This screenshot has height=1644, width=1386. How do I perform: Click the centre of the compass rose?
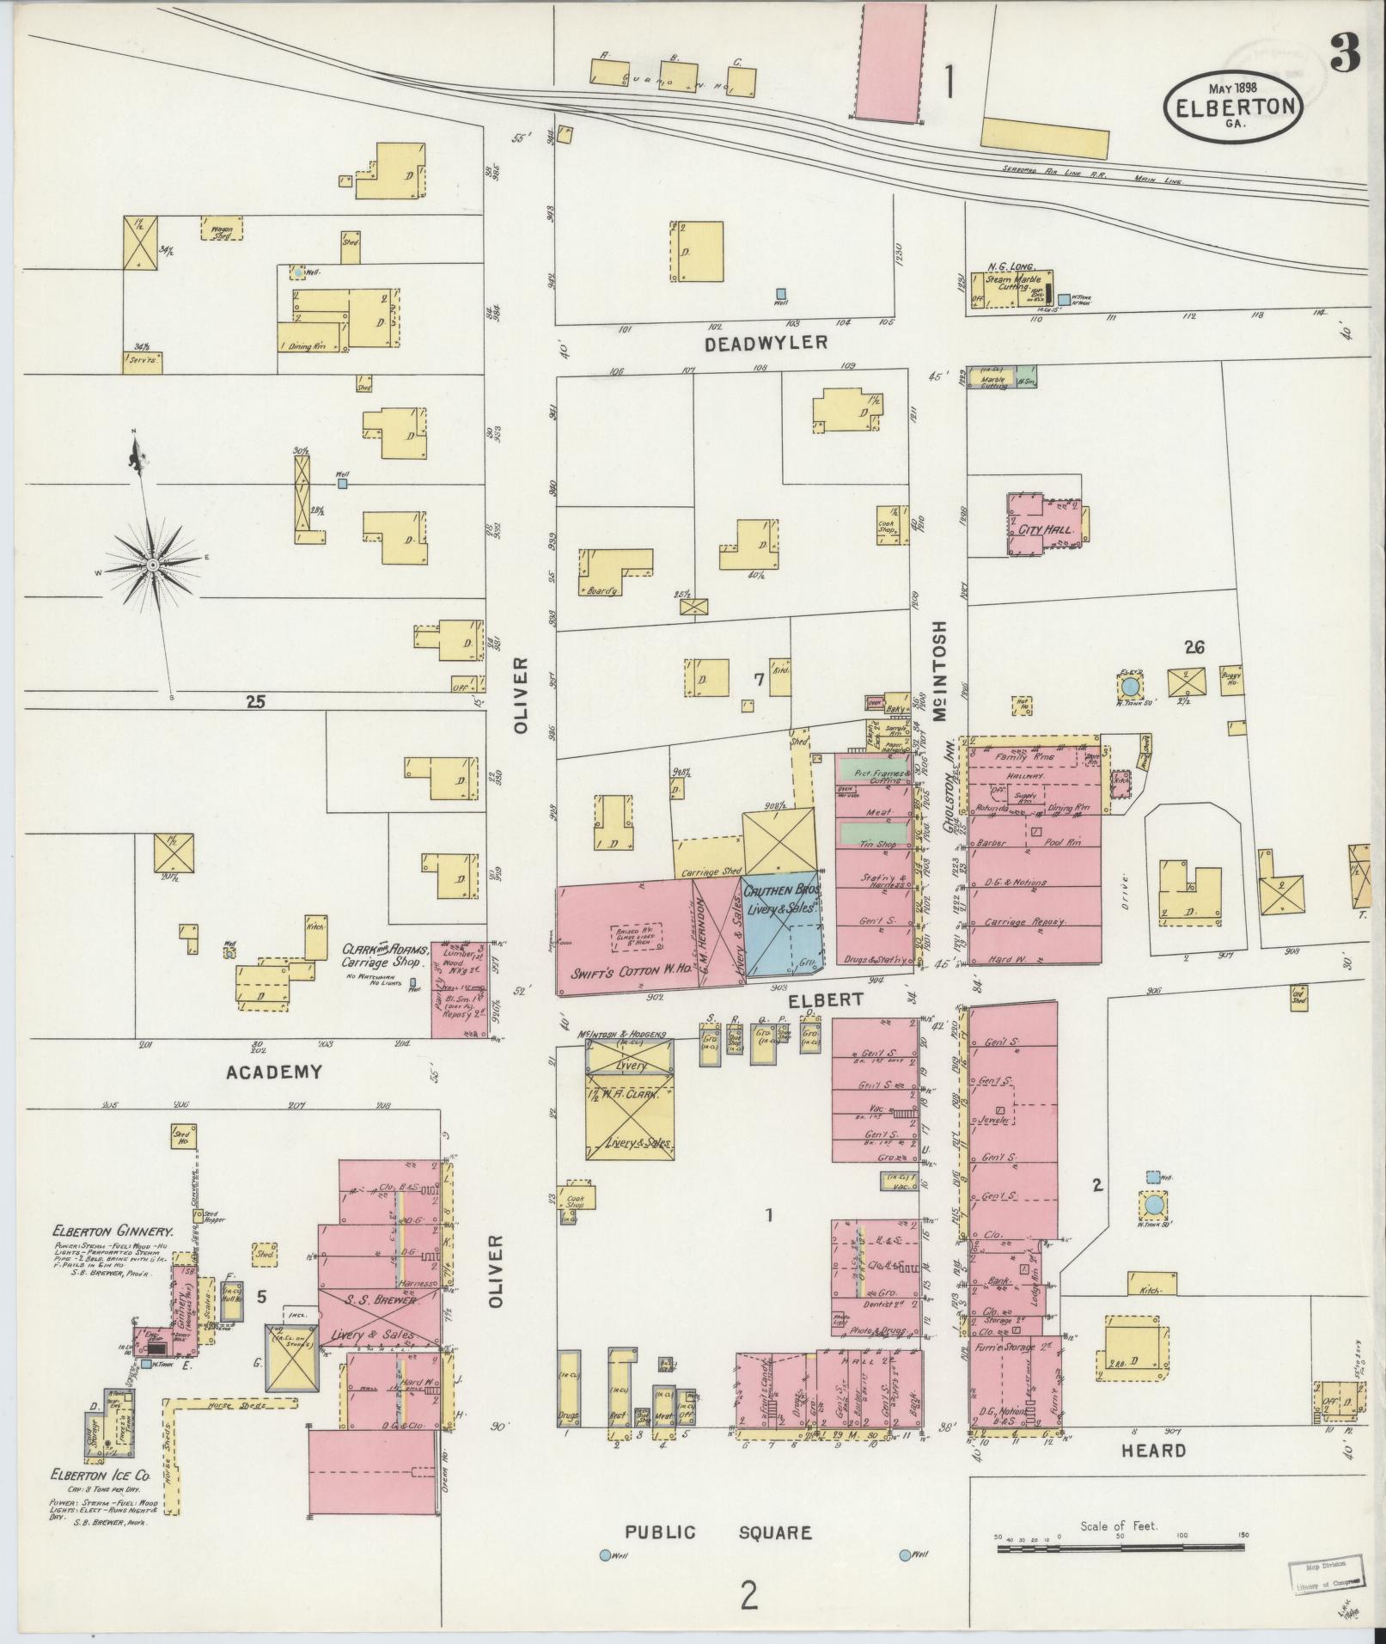point(152,565)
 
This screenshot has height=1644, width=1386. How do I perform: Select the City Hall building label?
point(1045,529)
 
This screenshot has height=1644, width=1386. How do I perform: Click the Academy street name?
point(273,1072)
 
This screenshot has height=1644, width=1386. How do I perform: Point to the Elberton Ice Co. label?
point(101,1475)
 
